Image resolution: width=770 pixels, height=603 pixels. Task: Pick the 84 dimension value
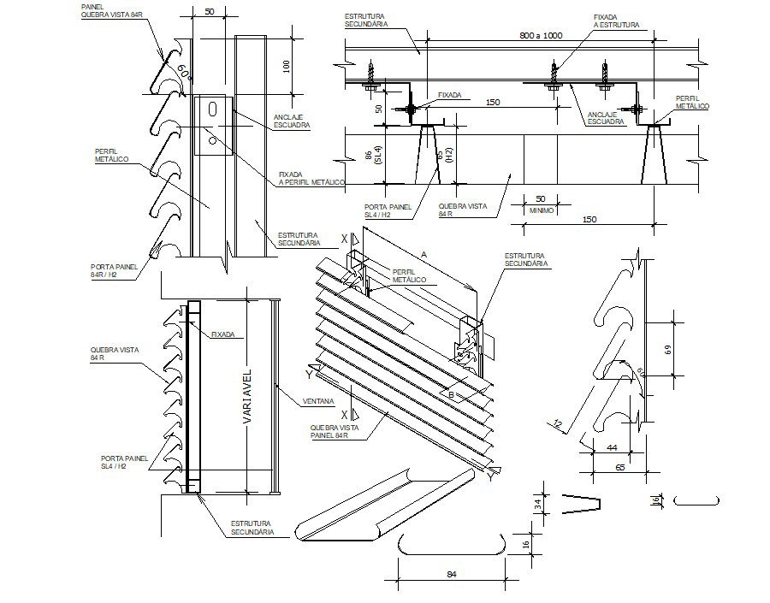tap(452, 575)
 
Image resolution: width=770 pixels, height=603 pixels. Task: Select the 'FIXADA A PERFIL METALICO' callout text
tap(311, 177)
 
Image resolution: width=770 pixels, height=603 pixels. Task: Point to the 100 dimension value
tap(286, 65)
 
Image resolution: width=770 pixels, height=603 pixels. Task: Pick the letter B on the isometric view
tap(450, 394)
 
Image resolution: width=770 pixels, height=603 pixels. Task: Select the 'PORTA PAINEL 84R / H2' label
tap(109, 271)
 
